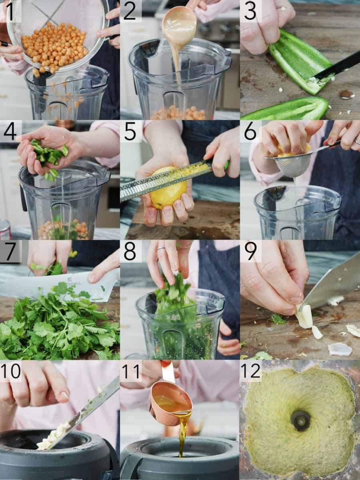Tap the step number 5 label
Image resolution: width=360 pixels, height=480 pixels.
(130, 132)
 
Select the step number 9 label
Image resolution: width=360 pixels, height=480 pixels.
(250, 252)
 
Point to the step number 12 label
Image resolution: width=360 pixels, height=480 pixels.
(250, 371)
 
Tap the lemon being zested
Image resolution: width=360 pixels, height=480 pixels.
(168, 188)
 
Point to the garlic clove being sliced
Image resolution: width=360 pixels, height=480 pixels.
(304, 318)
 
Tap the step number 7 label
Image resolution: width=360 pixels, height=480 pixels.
(10, 252)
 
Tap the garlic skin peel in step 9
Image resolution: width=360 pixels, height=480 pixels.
(340, 349)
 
